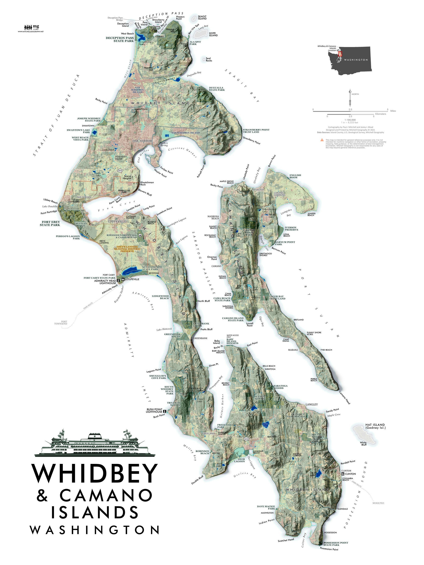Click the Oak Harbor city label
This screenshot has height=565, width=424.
[142, 141]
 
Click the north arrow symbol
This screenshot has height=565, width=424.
[350, 98]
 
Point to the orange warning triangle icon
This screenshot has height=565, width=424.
[322, 140]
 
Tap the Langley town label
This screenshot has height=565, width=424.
[312, 404]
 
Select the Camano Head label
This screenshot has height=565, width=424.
[344, 397]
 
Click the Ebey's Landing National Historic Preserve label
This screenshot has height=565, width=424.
[127, 249]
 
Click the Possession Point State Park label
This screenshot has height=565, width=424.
[336, 544]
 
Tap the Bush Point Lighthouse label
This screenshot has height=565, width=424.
[154, 411]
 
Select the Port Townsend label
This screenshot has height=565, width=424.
[61, 323]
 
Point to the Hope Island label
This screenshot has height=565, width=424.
[213, 34]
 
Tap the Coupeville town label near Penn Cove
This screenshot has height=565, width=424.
[117, 221]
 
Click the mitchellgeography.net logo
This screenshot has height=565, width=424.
[31, 28]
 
